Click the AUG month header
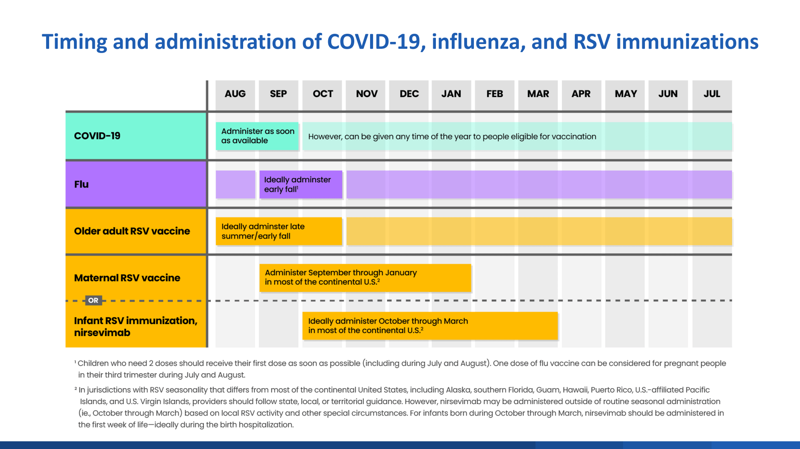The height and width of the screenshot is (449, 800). coord(235,94)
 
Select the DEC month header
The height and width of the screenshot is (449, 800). coord(409,94)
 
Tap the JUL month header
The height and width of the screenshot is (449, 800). coord(712,94)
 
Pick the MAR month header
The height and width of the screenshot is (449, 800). coord(538,94)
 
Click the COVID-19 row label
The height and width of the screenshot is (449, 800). coord(97,136)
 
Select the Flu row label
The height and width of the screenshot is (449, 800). coord(81,184)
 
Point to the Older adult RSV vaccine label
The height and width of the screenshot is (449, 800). coord(132,231)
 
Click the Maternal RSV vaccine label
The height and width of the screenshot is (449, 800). coord(127,278)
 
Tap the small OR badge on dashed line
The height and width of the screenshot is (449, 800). coord(93,300)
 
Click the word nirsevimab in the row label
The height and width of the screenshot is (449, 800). coord(102,333)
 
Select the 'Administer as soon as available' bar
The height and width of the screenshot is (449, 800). coord(257,136)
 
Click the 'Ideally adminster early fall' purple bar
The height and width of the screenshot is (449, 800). coord(300,184)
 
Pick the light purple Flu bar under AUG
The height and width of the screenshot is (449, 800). coord(235,184)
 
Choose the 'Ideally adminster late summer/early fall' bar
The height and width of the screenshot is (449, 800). coord(279,231)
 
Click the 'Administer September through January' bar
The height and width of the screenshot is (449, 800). coord(365,278)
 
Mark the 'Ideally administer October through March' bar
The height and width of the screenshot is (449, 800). coord(429,325)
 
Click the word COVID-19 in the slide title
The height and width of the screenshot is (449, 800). coord(374,42)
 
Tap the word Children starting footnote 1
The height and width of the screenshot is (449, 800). coord(93,363)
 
